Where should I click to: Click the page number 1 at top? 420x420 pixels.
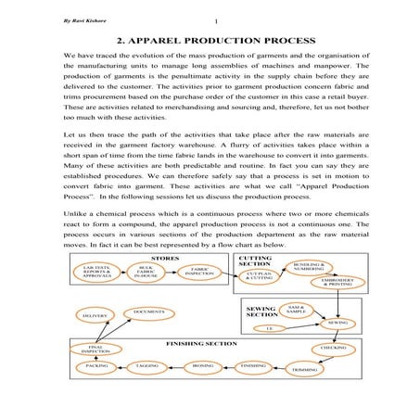[x=214, y=22]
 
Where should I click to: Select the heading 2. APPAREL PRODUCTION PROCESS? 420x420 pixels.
[x=210, y=43]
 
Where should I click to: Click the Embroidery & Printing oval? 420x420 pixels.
[x=336, y=283]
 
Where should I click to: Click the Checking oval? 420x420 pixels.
[x=334, y=348]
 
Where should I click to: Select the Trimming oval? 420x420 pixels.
[x=304, y=369]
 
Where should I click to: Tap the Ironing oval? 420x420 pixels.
[x=202, y=366]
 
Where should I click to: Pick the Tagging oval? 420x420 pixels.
[x=147, y=366]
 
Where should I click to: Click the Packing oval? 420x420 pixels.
[x=96, y=366]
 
